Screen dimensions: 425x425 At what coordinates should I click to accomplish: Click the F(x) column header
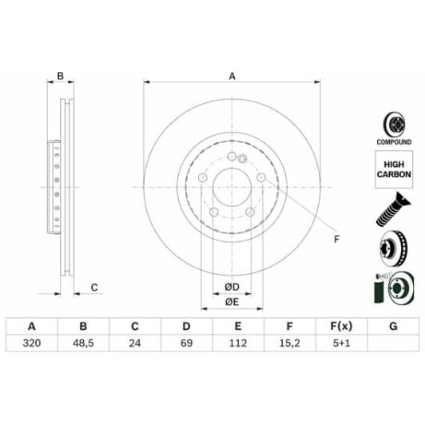click(x=341, y=326)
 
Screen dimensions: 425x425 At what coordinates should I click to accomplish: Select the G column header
click(x=392, y=326)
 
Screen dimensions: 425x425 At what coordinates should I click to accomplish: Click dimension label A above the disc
click(x=232, y=77)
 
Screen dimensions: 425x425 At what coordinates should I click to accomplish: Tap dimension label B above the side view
click(x=59, y=77)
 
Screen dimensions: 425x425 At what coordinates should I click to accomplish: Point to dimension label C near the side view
click(x=93, y=288)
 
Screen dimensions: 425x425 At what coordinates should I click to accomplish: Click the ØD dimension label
click(x=232, y=286)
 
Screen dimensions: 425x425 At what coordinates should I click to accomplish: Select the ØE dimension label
click(x=232, y=301)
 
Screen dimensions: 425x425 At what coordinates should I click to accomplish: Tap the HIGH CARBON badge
click(x=393, y=169)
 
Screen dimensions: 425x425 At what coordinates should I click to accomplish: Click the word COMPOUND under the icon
click(x=393, y=141)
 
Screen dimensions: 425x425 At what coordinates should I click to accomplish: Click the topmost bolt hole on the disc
click(x=232, y=157)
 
